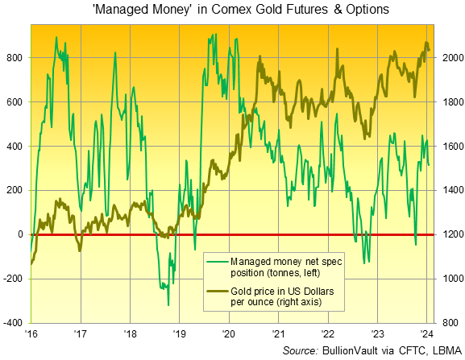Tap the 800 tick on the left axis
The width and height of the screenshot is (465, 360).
point(16,58)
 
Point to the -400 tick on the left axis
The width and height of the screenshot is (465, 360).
point(15,323)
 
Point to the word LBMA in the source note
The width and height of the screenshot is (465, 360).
point(442,350)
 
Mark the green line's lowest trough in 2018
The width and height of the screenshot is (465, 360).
point(168,305)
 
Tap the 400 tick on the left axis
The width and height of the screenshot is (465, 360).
point(16,147)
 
